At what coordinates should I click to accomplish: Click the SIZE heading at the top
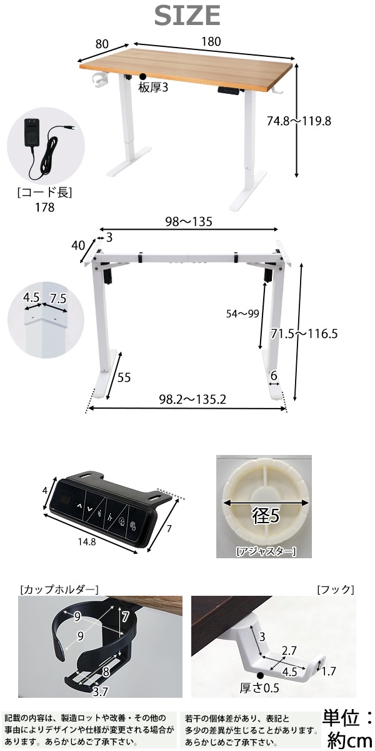click(x=187, y=16)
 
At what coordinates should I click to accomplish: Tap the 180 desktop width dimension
click(x=211, y=41)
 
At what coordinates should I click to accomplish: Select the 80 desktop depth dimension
click(x=102, y=44)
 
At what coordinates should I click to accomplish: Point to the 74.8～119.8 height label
click(x=299, y=121)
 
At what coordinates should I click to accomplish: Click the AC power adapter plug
click(x=31, y=133)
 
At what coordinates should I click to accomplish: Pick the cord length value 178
click(x=44, y=208)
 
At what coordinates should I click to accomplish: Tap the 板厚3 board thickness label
click(x=152, y=88)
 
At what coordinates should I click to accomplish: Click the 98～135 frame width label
click(x=189, y=222)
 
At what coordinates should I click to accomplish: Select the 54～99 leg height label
click(x=242, y=314)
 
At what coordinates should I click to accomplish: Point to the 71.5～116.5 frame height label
click(x=304, y=334)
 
